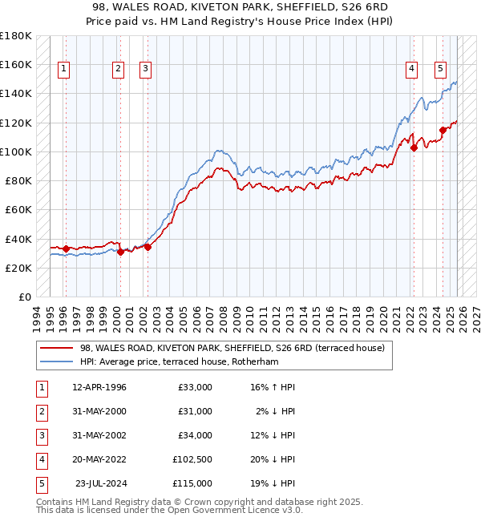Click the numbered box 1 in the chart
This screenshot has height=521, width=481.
[63, 69]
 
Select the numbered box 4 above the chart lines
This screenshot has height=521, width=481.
[411, 69]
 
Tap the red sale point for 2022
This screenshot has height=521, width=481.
[414, 147]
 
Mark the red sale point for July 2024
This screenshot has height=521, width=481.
[443, 130]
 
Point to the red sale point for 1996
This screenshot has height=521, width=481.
[66, 248]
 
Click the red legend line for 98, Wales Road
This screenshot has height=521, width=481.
[55, 348]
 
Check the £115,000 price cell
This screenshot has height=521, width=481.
[192, 483]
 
